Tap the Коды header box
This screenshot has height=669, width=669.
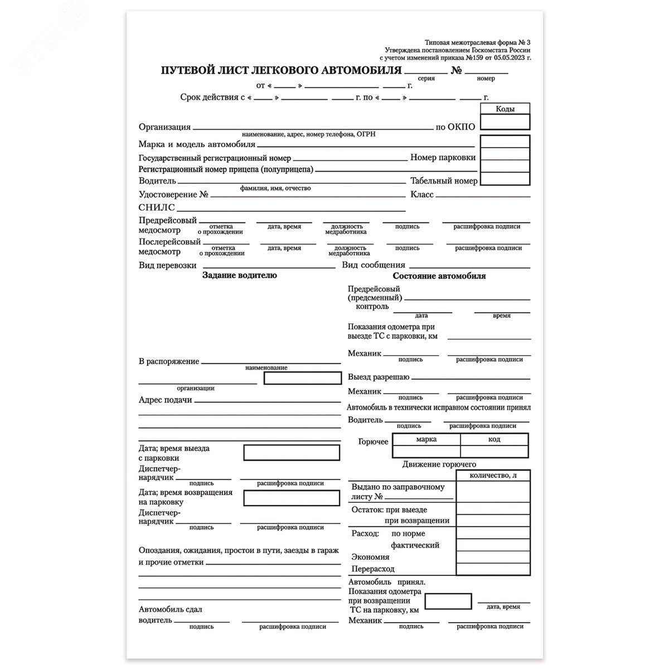tap(505, 109)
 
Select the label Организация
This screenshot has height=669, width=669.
tap(164, 127)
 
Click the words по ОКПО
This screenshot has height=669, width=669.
tap(455, 127)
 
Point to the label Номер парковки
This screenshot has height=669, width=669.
tap(443, 157)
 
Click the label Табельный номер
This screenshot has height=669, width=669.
tap(443, 181)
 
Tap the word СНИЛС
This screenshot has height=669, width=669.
tap(157, 207)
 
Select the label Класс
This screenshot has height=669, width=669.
tap(422, 195)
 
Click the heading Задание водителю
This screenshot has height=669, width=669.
tap(239, 275)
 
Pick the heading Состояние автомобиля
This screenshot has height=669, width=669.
tap(439, 276)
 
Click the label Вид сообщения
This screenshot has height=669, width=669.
tap(374, 265)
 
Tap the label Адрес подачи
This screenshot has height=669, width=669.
tap(165, 400)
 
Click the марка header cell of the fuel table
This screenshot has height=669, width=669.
tap(426, 439)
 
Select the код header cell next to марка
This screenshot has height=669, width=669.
tap(494, 439)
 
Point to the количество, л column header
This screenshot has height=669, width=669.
tap(493, 476)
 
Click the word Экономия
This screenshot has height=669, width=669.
tap(370, 557)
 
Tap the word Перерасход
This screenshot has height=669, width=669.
tap(373, 569)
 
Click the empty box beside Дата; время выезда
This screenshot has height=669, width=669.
tap(291, 453)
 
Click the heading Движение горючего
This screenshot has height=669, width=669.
tap(439, 464)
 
